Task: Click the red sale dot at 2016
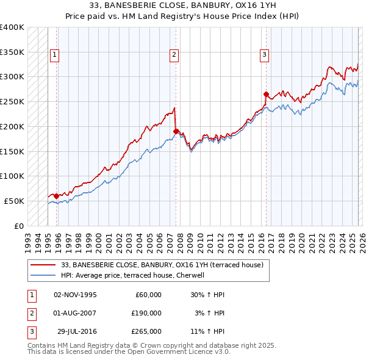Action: (x=266, y=94)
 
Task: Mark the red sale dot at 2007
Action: (x=176, y=131)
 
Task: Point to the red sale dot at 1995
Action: (x=56, y=196)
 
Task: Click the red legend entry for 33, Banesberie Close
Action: (x=162, y=265)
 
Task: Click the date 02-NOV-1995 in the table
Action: (x=75, y=295)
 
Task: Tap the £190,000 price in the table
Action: (x=146, y=313)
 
